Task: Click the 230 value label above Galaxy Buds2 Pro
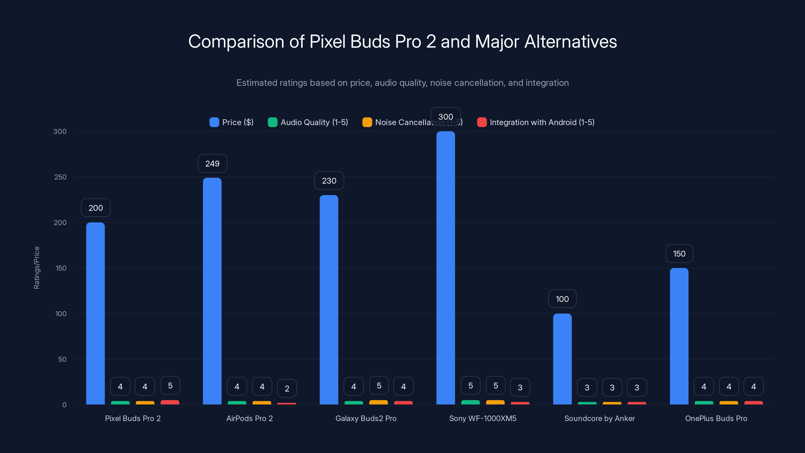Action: pos(329,181)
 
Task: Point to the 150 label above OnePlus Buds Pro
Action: pos(679,253)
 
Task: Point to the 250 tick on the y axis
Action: pos(60,177)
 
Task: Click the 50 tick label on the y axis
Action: pos(62,359)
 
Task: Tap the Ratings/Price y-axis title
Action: pos(36,268)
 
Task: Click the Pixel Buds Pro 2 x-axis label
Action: pos(133,418)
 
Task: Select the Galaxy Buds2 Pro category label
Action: pos(366,418)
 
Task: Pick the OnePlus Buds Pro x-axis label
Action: pos(716,418)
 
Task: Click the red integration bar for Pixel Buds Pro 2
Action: pos(170,402)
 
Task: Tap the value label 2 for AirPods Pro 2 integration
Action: pos(287,388)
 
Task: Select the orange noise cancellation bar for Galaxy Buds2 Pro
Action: pos(378,402)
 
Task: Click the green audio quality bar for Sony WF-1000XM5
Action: pos(470,402)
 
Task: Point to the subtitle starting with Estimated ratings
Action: pos(403,83)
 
